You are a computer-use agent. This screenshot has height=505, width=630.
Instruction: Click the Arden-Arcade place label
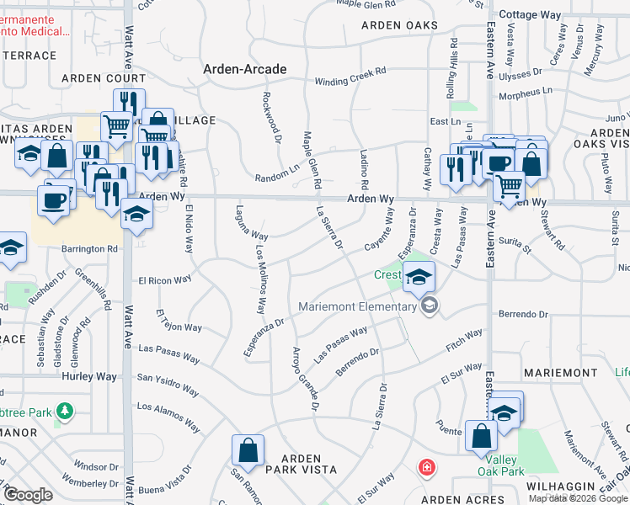[x=244, y=69]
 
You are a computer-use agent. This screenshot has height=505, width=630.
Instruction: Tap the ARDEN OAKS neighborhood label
[x=399, y=25]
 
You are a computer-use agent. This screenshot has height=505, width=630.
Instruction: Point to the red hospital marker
[x=428, y=465]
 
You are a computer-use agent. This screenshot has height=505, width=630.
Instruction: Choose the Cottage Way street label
[x=530, y=15]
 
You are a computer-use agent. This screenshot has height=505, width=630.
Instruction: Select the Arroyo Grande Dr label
[x=304, y=379]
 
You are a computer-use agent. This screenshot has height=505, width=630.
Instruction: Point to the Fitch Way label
[x=464, y=339]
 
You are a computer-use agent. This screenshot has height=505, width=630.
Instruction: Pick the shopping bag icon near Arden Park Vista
[x=249, y=450]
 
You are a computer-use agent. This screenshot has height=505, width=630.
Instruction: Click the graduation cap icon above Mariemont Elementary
[x=419, y=277]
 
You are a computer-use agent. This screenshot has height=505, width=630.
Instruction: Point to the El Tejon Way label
[x=179, y=321]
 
